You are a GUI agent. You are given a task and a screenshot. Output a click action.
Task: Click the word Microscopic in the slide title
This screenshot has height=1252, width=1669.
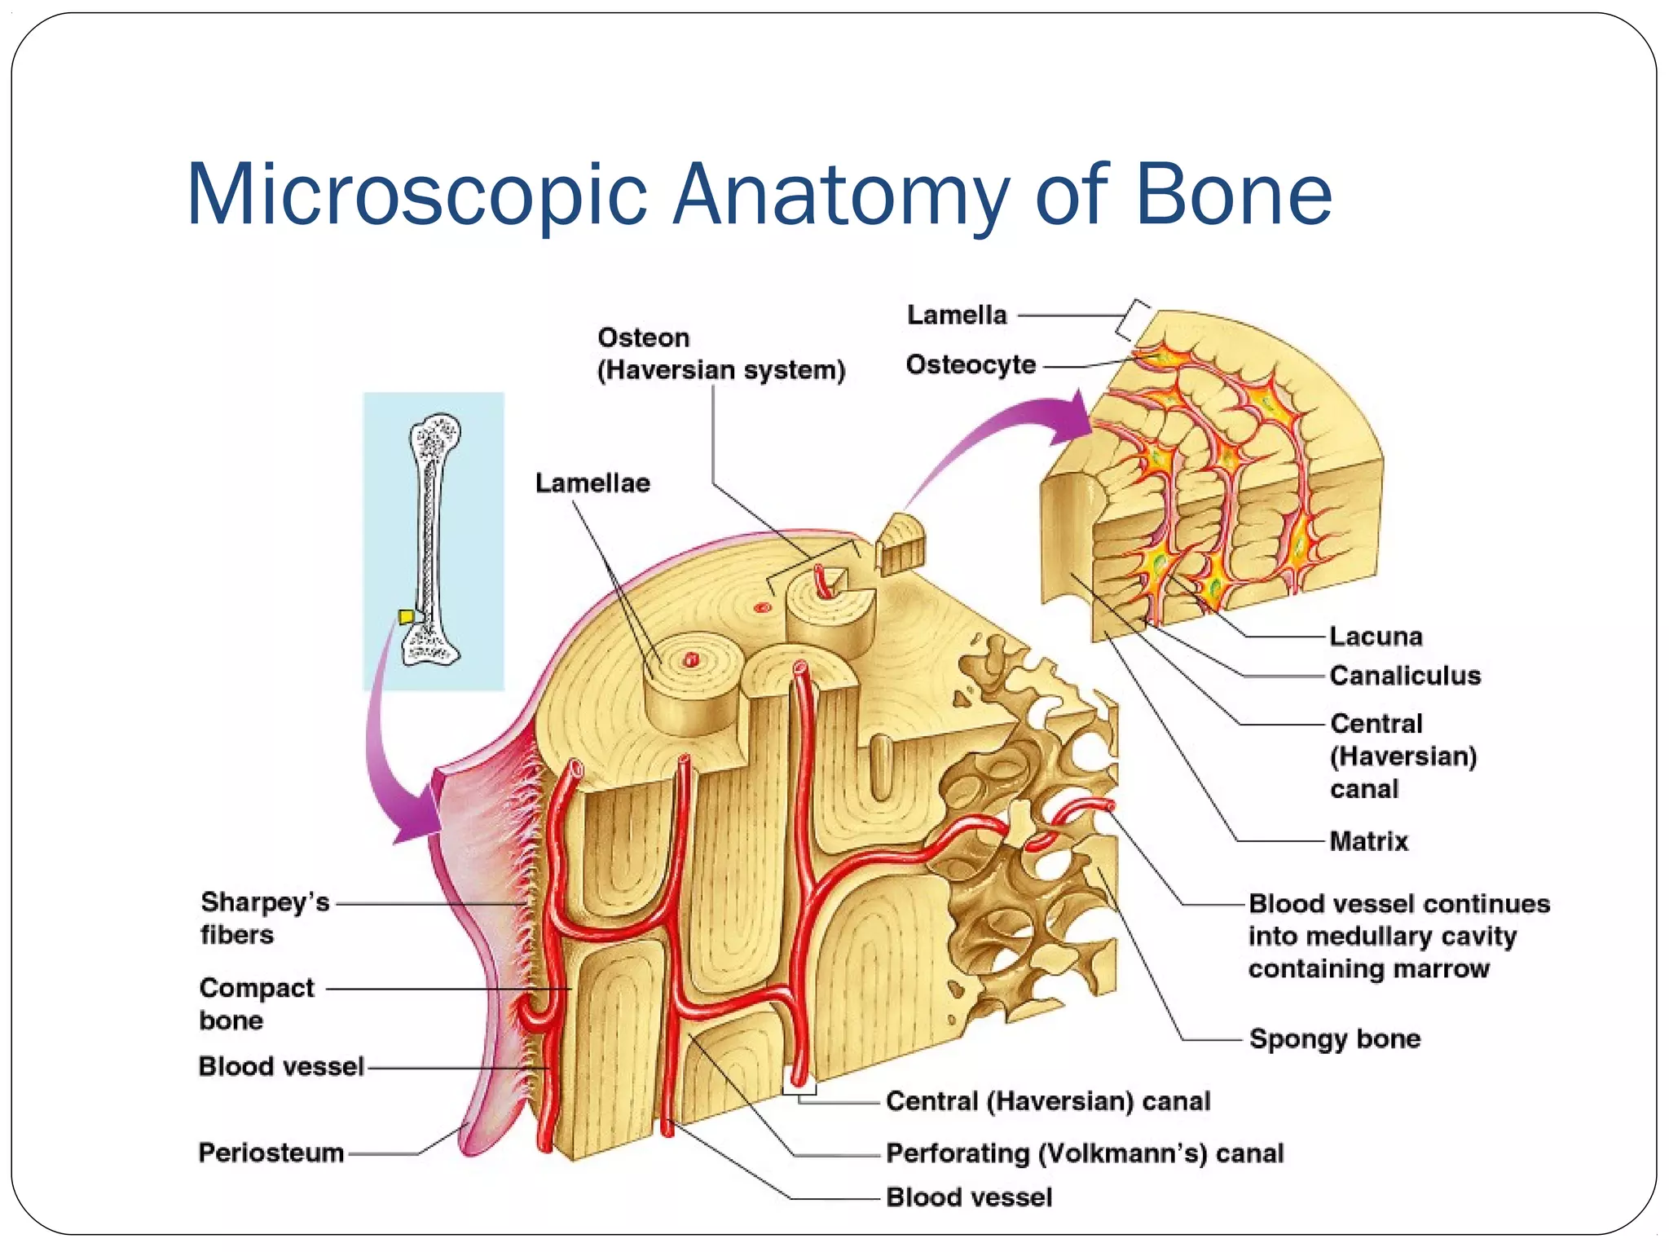pyautogui.click(x=416, y=196)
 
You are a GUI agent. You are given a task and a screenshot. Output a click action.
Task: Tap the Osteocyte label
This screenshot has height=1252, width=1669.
pyautogui.click(x=971, y=365)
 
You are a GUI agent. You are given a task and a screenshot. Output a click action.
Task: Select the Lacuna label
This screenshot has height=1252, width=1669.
pyautogui.click(x=1376, y=637)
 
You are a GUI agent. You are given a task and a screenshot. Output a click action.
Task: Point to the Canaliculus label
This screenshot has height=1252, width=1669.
pyautogui.click(x=1405, y=676)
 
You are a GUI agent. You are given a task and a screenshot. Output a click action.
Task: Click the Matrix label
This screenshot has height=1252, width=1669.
pyautogui.click(x=1368, y=841)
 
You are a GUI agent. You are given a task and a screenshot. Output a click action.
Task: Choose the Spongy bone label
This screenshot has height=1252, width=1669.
pyautogui.click(x=1335, y=1039)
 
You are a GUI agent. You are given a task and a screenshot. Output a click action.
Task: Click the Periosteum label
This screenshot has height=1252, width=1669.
pyautogui.click(x=271, y=1153)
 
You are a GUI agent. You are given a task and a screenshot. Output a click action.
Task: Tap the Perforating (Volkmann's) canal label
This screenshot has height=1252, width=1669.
pyautogui.click(x=1085, y=1154)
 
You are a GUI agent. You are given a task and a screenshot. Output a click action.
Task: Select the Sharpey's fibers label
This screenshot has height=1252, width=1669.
pyautogui.click(x=264, y=919)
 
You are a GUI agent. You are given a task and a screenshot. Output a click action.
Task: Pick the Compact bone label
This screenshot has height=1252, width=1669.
pyautogui.click(x=256, y=1004)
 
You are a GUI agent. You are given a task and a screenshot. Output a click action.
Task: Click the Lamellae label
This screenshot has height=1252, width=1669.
pyautogui.click(x=592, y=483)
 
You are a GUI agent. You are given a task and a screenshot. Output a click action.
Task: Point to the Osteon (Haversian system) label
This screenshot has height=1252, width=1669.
pyautogui.click(x=720, y=355)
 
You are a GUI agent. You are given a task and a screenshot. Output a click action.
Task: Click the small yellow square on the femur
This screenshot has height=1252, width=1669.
pyautogui.click(x=405, y=616)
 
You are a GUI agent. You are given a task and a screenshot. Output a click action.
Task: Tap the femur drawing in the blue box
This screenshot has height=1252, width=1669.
pyautogui.click(x=433, y=538)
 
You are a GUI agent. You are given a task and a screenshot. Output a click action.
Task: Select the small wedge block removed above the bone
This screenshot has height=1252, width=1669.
pyautogui.click(x=901, y=544)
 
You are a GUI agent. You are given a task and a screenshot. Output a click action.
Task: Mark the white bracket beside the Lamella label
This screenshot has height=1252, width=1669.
pyautogui.click(x=1133, y=320)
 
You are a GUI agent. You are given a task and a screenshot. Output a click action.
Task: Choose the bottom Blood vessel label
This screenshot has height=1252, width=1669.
pyautogui.click(x=969, y=1197)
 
